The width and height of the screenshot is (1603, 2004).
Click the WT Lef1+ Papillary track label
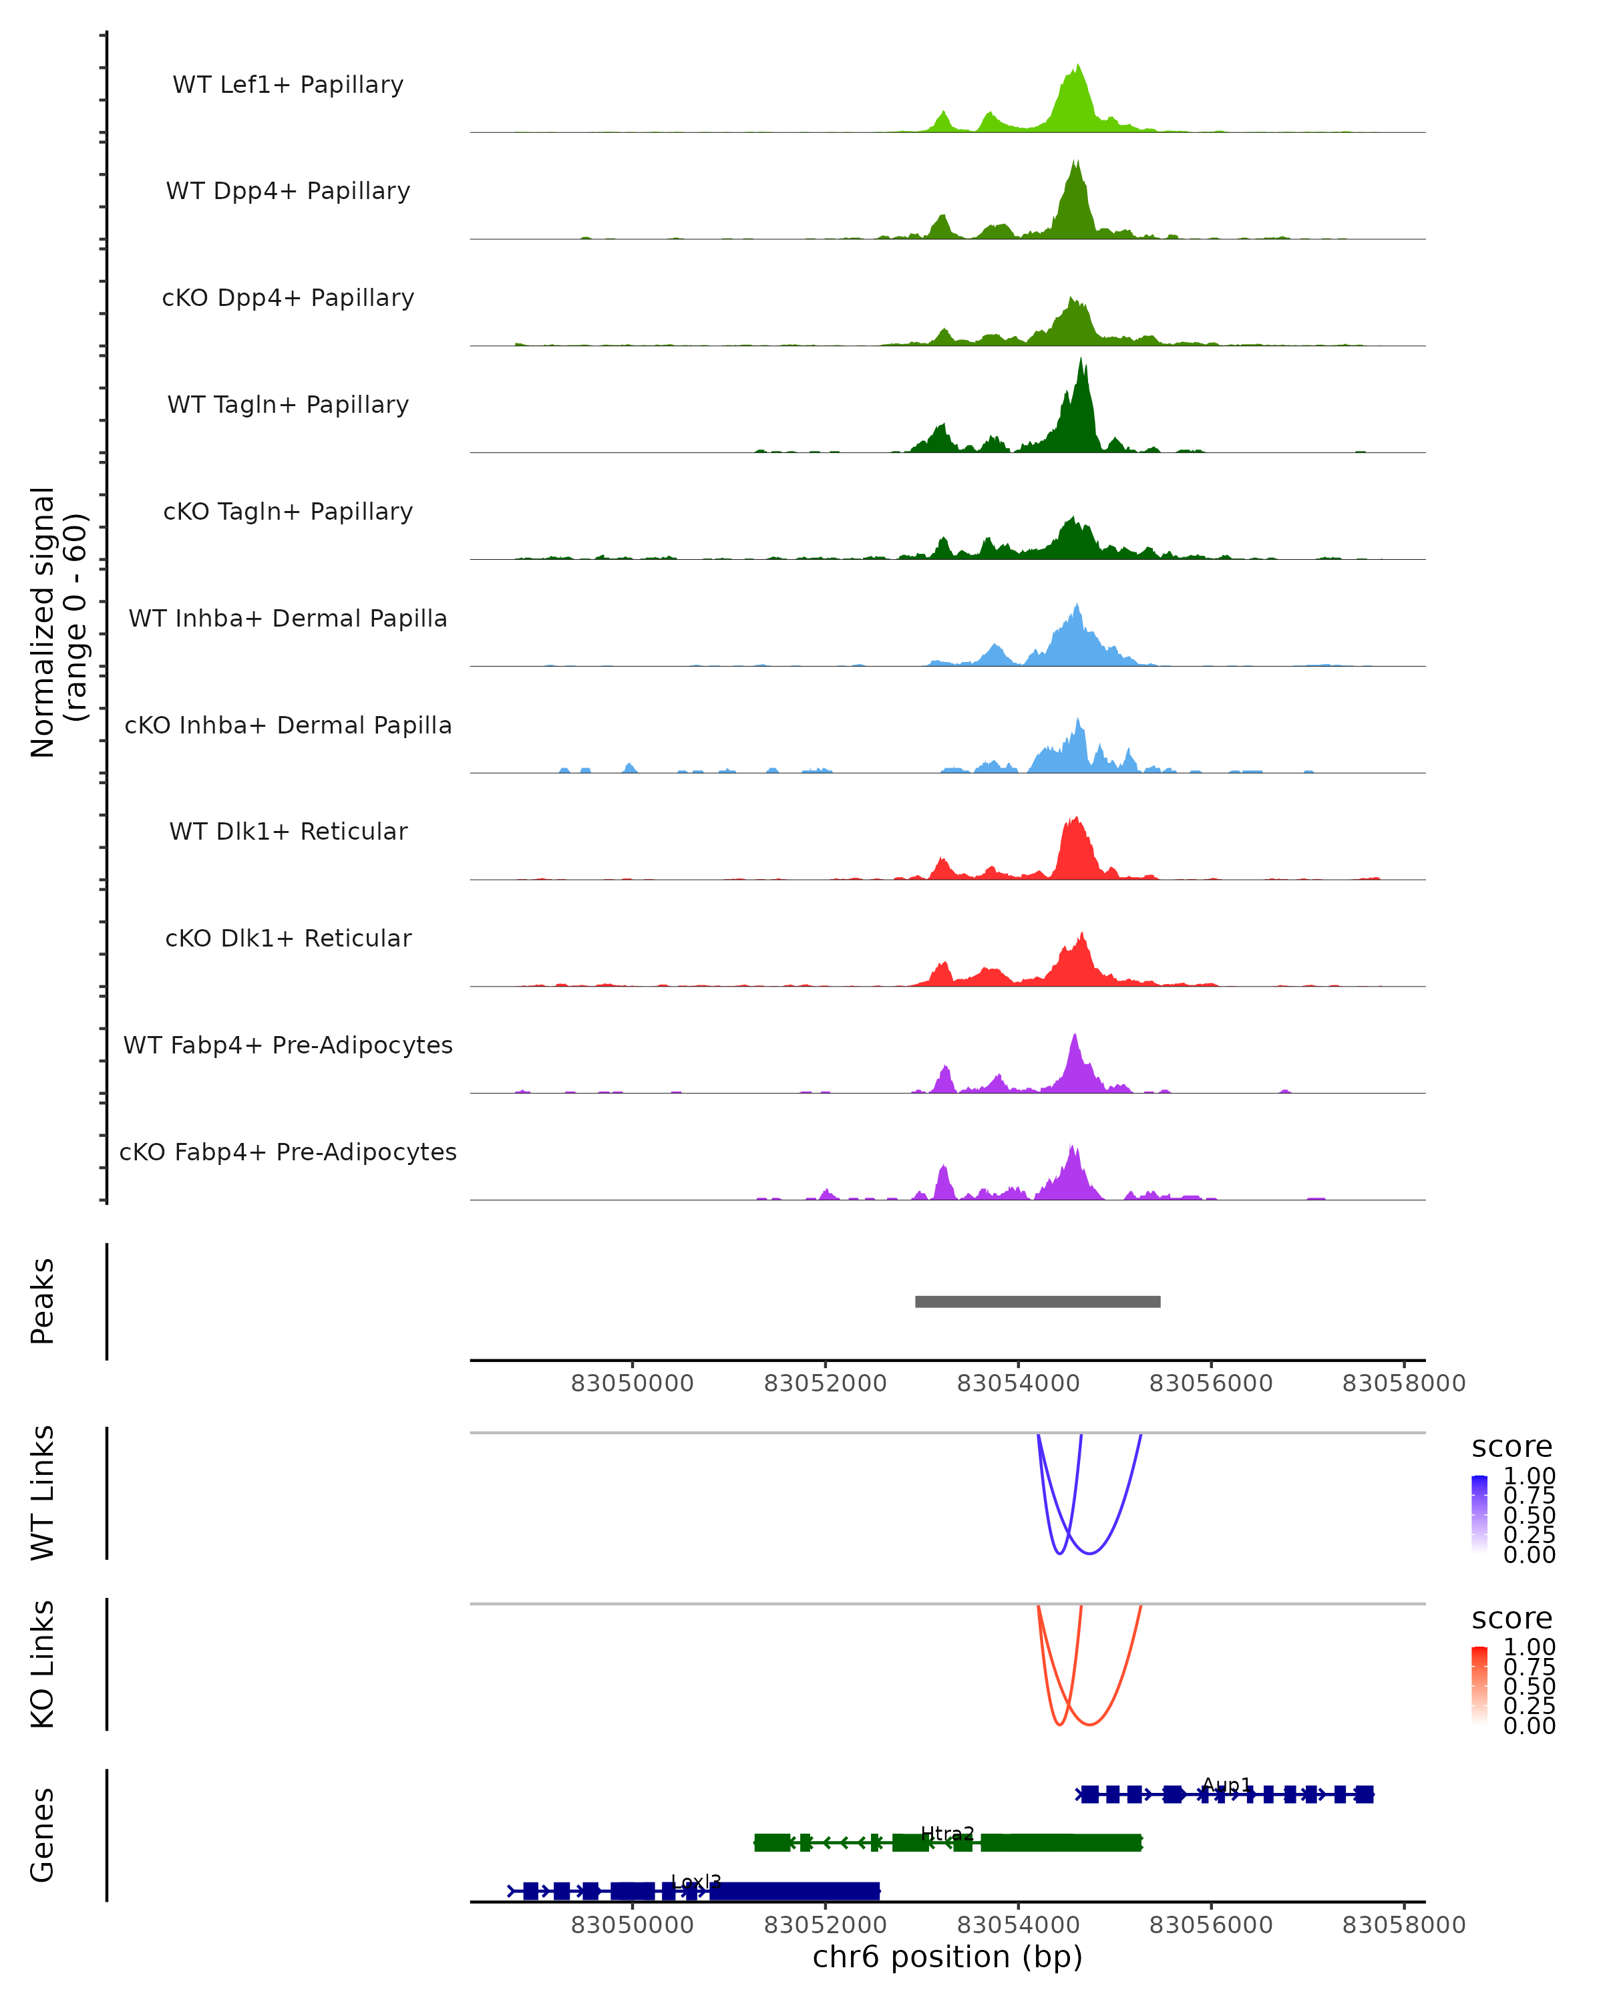pyautogui.click(x=288, y=85)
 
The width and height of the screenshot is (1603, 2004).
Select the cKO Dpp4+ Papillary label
pyautogui.click(x=288, y=297)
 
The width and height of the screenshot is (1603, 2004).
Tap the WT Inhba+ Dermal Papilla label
pyautogui.click(x=288, y=618)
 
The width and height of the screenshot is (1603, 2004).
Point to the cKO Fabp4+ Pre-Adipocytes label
pyautogui.click(x=288, y=1152)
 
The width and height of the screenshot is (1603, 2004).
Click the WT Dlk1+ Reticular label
pyautogui.click(x=288, y=831)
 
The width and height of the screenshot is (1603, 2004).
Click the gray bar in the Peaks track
pyautogui.click(x=1037, y=1301)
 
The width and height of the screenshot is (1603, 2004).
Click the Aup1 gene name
pyautogui.click(x=1227, y=1785)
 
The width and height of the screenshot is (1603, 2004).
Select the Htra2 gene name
pyautogui.click(x=947, y=1833)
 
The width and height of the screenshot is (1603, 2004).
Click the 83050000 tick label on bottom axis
pyautogui.click(x=632, y=1924)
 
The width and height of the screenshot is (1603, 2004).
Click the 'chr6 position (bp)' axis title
pyautogui.click(x=947, y=1956)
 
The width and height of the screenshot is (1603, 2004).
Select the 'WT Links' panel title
pyautogui.click(x=43, y=1493)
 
